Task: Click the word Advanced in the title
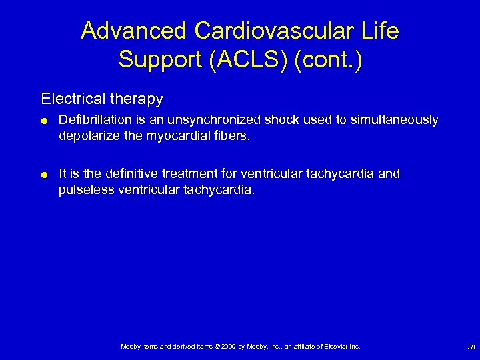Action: point(133,31)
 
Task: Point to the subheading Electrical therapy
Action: point(101,99)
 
